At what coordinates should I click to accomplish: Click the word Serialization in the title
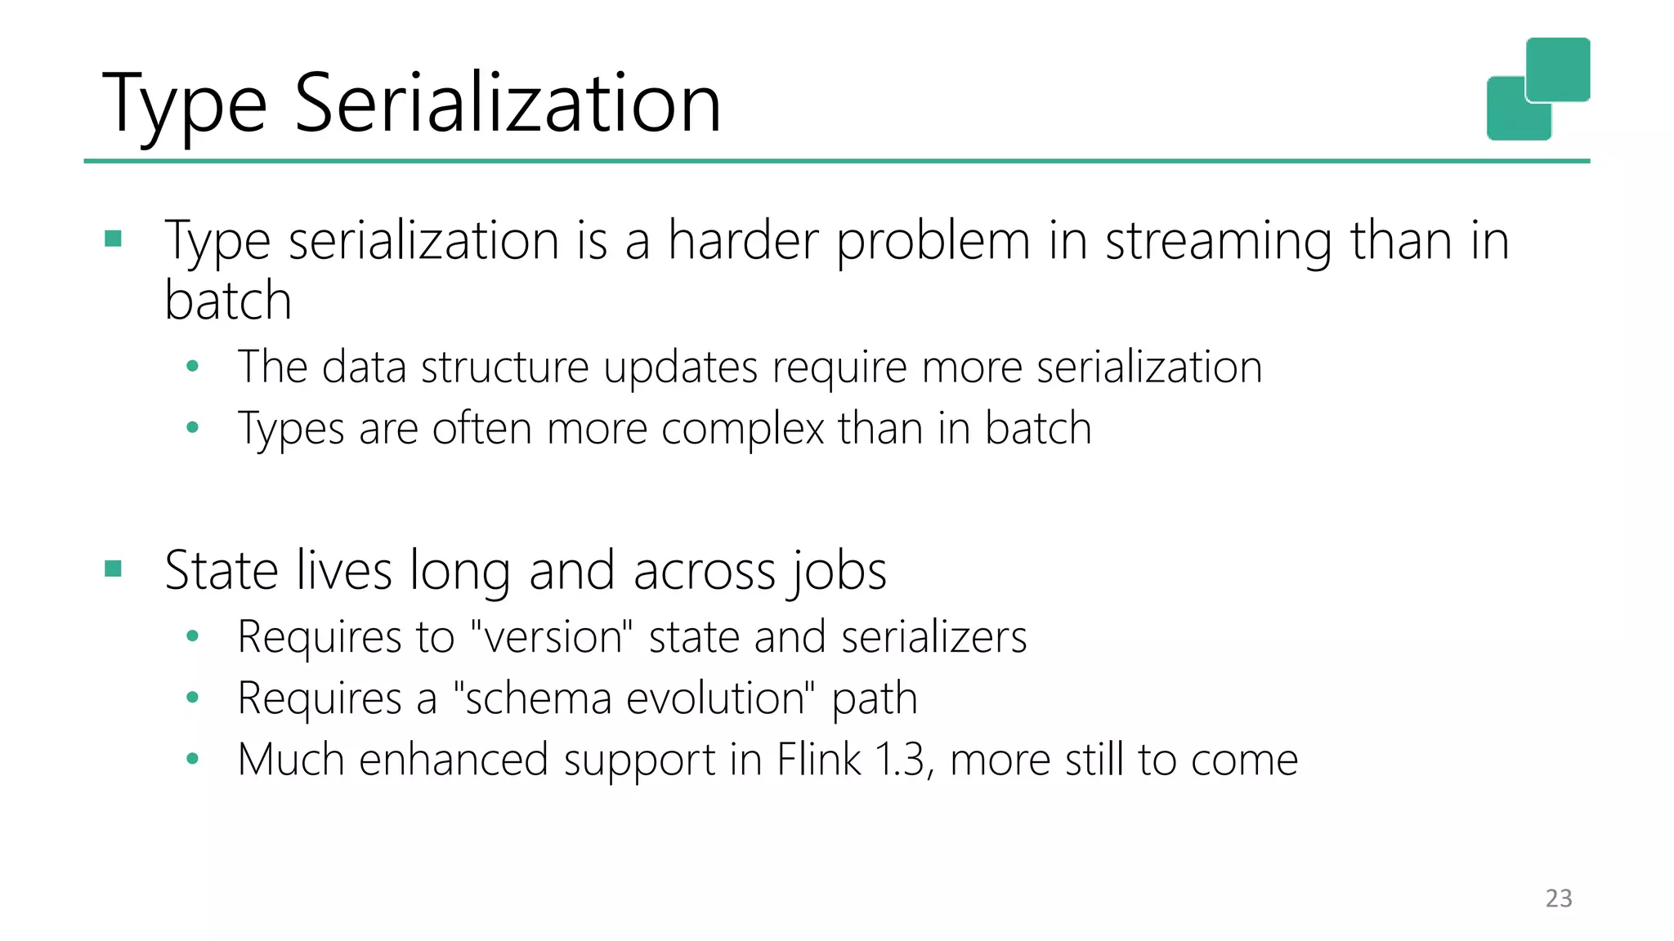(x=507, y=103)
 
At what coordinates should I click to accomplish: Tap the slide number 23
(x=1559, y=899)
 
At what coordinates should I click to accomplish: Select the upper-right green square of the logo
(x=1558, y=69)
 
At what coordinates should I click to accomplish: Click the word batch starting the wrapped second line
(x=228, y=301)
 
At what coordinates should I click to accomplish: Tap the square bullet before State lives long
(x=114, y=569)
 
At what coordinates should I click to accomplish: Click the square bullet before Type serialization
(x=114, y=239)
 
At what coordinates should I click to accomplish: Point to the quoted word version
(x=553, y=637)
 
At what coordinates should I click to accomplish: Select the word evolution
(x=722, y=698)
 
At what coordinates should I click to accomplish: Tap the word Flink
(x=818, y=760)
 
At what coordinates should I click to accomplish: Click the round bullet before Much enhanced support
(x=193, y=759)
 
